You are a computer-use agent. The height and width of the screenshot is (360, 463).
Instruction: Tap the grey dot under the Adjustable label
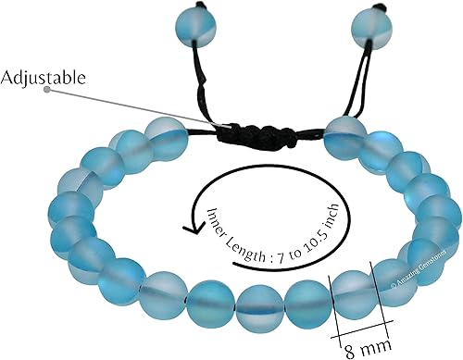point(45,91)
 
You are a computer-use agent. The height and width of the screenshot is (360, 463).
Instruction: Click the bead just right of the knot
point(343,137)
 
